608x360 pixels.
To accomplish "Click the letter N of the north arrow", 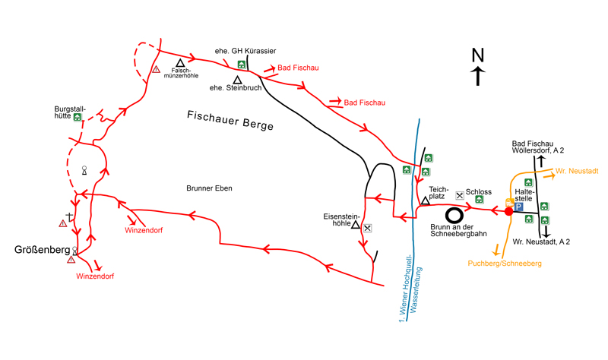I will (x=477, y=55).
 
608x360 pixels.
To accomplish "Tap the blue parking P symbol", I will (x=519, y=207).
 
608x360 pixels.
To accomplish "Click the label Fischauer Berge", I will (x=230, y=120).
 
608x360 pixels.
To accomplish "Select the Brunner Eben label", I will (x=209, y=188).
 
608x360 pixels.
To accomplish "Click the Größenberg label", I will (x=43, y=249).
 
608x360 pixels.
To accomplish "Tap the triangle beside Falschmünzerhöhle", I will (x=180, y=63).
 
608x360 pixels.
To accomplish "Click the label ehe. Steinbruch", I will (x=236, y=88).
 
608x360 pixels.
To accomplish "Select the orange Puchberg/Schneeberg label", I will (x=505, y=263).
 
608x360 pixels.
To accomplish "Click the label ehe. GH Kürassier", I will (x=245, y=51).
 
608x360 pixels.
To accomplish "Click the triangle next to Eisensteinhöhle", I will (x=355, y=225).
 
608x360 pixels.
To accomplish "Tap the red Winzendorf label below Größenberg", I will (x=95, y=276).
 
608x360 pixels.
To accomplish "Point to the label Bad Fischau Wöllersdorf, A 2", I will (x=538, y=147).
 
